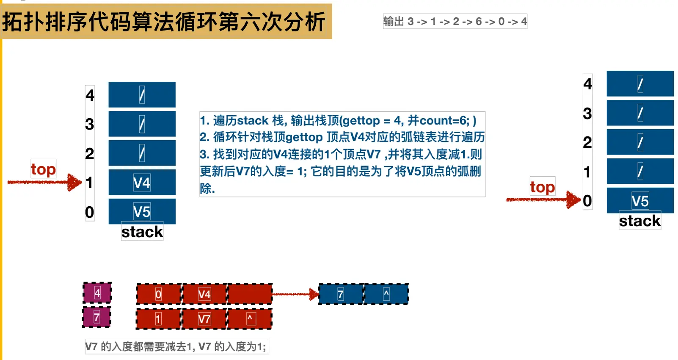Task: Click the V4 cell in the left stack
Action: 142,183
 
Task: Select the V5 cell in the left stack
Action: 142,211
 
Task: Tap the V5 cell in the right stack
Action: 640,201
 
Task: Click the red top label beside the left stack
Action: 43,169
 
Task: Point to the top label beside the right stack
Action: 542,187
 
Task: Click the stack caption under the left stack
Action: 142,232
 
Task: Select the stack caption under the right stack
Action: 640,221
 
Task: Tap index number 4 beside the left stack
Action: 90,95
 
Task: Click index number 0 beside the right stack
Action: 587,201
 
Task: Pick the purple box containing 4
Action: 97,293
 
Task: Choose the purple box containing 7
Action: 97,317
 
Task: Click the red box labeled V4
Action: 204,294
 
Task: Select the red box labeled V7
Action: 204,319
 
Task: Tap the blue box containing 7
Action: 341,294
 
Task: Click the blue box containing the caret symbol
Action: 386,294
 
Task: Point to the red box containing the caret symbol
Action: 250,319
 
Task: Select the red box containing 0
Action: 158,294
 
